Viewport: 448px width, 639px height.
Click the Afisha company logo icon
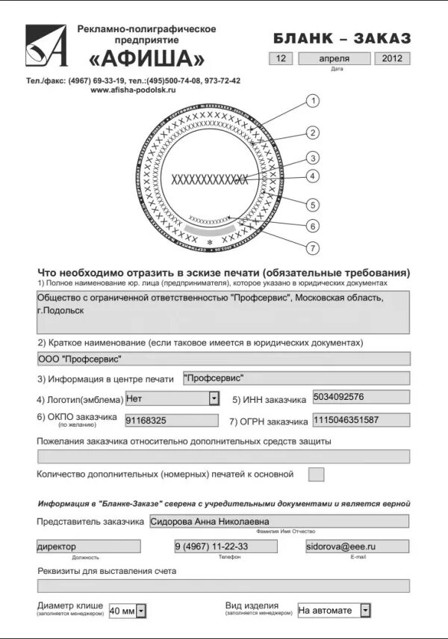46,46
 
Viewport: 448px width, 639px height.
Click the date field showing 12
280,58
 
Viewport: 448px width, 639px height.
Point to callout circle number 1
314,101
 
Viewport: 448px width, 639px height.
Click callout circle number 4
314,176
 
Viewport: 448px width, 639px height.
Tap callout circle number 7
314,248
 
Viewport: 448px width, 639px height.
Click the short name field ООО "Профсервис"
223,359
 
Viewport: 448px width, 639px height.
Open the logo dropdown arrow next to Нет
214,399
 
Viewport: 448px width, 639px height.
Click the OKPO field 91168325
172,421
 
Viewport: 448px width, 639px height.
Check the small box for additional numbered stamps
317,474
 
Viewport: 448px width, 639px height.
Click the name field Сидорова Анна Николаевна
279,521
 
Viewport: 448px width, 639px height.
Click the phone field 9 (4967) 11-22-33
225,546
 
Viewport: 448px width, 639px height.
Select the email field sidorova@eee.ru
357,546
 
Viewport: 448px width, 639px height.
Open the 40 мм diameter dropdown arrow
141,611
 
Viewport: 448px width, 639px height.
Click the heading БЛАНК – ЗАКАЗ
342,38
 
